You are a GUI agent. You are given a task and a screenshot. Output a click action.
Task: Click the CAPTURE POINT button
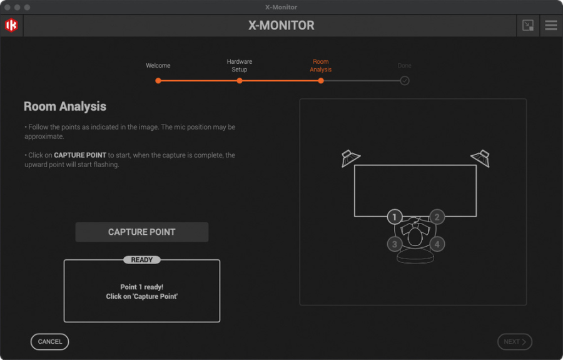[142, 232]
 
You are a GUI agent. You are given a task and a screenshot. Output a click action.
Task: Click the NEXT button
[515, 342]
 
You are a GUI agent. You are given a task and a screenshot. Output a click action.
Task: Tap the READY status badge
[142, 260]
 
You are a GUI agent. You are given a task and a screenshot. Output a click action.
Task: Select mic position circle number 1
[394, 217]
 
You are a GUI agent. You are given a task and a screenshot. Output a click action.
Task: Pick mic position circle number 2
[437, 217]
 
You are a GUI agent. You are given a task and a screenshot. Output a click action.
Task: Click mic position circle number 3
[395, 244]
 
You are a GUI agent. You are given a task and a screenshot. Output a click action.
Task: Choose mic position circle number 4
[437, 244]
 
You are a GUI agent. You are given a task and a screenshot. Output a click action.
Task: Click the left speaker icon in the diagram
[350, 158]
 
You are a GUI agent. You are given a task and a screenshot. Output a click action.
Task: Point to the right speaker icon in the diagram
[480, 158]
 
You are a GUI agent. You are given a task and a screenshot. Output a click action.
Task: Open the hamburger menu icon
[551, 25]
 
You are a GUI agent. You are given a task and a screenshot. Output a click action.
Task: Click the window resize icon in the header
[528, 25]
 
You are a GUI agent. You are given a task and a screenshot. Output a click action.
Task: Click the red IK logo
[11, 25]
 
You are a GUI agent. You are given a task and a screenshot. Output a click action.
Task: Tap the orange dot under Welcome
[158, 81]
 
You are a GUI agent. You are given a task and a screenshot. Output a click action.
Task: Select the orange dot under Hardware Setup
[240, 81]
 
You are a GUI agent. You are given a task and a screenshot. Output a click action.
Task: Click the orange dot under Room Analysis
[321, 81]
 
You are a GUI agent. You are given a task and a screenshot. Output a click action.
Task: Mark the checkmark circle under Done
[405, 81]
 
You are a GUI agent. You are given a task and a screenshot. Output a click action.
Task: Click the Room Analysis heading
[65, 106]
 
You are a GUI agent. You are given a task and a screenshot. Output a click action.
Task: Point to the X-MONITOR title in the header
[281, 25]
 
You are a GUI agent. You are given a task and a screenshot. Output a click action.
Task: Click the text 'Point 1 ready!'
[142, 287]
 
